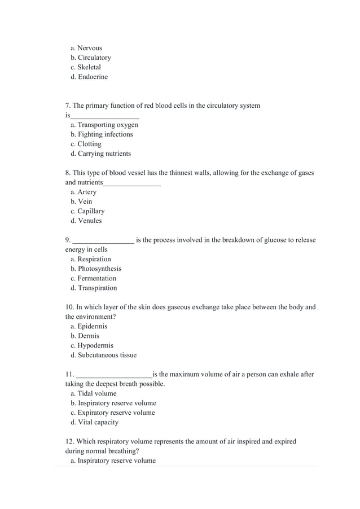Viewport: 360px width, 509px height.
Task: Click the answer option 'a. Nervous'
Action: (x=86, y=48)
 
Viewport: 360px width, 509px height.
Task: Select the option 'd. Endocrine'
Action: (x=89, y=77)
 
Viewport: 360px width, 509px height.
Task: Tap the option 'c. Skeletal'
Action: (x=86, y=67)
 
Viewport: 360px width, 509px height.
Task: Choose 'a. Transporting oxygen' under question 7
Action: (x=104, y=125)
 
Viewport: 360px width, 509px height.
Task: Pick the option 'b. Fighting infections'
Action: (x=102, y=134)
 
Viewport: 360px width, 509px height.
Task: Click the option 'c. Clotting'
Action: (x=86, y=144)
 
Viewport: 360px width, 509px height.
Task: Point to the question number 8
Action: (x=68, y=173)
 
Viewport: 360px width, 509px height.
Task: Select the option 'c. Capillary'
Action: (x=87, y=211)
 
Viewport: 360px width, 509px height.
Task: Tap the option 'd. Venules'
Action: (x=86, y=221)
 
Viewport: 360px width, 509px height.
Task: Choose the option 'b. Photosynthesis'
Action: (x=96, y=269)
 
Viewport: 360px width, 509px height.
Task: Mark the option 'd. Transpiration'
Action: (x=94, y=288)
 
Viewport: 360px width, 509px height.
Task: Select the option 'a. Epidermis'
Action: (x=89, y=326)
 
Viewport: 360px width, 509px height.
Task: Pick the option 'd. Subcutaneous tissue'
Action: (x=103, y=355)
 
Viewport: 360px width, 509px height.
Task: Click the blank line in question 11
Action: (x=114, y=375)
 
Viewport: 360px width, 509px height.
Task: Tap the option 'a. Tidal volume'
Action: (x=94, y=393)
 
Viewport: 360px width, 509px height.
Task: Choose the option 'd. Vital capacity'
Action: (x=94, y=422)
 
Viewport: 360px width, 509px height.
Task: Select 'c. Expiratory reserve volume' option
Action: (x=113, y=413)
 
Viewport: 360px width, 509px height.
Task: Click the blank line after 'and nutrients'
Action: (x=132, y=183)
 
